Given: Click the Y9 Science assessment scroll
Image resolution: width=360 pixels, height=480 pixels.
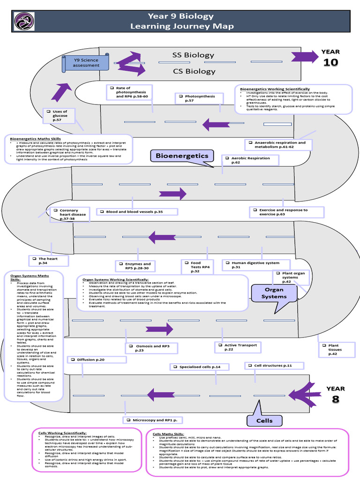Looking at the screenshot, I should pyautogui.click(x=87, y=62).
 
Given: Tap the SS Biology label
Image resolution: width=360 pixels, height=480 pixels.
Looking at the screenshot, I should pyautogui.click(x=187, y=55).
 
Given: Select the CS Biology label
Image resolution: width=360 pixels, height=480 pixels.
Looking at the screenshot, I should pyautogui.click(x=187, y=71).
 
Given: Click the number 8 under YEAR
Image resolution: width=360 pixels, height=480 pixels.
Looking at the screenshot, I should pyautogui.click(x=335, y=399).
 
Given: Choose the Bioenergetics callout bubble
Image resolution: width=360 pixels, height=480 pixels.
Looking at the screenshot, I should pyautogui.click(x=182, y=156).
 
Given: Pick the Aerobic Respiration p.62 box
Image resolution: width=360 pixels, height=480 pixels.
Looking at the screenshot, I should pyautogui.click(x=250, y=160).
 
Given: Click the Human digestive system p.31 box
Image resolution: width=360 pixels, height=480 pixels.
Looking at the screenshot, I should pyautogui.click(x=256, y=265).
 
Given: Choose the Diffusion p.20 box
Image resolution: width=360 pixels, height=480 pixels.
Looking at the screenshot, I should pyautogui.click(x=96, y=360).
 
